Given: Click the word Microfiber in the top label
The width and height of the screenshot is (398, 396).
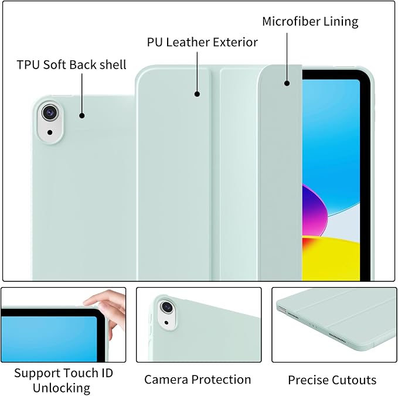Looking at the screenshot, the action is pos(288,21).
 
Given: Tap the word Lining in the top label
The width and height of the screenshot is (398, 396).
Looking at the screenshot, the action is pos(338,22).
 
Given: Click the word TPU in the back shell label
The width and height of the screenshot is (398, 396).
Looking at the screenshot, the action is pos(28,64).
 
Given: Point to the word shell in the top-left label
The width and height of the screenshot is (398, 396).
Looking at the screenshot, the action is pos(113,64).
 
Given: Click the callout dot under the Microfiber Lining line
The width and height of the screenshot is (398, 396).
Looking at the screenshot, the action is pos(287,83).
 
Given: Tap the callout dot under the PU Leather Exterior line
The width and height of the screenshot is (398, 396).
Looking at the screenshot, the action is pos(197,94).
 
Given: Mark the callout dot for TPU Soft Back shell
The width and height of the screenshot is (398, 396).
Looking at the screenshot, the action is pos(81,115).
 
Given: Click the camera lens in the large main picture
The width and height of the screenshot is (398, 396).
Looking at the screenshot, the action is pos(50,112).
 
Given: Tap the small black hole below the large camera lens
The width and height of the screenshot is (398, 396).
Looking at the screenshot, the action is pos(50,132).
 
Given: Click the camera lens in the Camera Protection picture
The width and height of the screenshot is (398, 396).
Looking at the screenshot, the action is pos(167,307).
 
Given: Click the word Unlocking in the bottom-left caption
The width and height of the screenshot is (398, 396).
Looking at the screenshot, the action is pos(62,388).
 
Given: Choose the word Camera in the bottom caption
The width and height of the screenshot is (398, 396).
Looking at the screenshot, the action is pos(166,380).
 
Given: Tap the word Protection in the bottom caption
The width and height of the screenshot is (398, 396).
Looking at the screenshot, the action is pos(221,380).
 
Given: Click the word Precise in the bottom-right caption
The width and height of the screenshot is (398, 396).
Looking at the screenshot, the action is pos(308,380).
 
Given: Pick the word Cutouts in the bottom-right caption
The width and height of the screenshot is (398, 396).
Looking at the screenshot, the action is pos(354,380).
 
